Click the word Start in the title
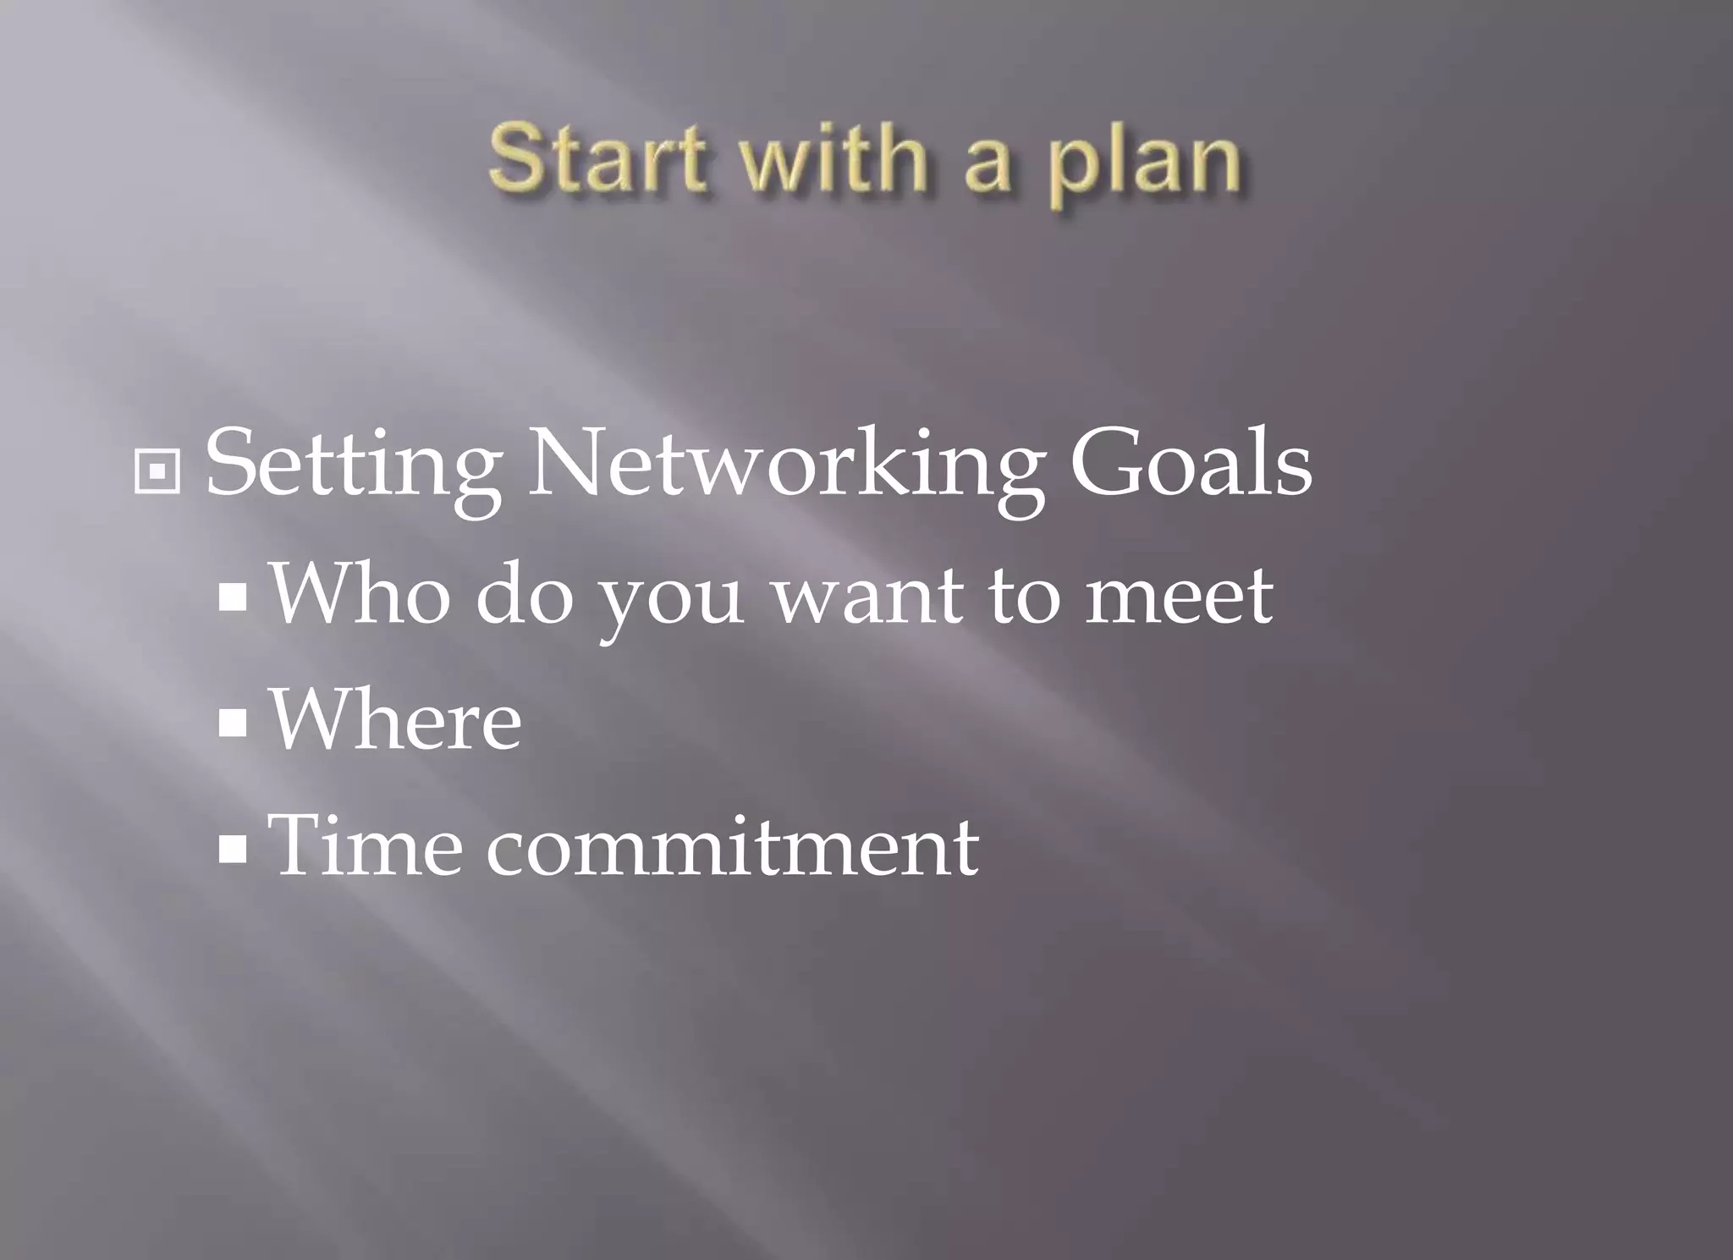(597, 158)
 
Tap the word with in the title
(833, 158)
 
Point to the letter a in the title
(988, 165)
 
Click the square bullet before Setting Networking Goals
(157, 471)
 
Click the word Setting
(354, 465)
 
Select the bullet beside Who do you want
(232, 597)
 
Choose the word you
(670, 601)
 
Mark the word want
(868, 595)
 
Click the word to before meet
(1025, 595)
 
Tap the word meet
(1179, 595)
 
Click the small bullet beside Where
(232, 724)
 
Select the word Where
(395, 718)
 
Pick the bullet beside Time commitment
(232, 849)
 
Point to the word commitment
(732, 846)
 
